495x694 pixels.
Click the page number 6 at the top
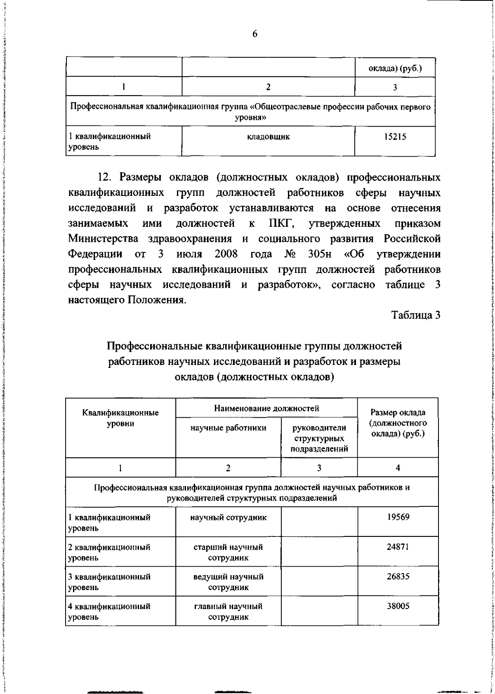[255, 35]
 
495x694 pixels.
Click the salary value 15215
[395, 137]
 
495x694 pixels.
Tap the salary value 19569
[398, 517]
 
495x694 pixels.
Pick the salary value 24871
[398, 547]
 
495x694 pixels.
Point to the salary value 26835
[398, 576]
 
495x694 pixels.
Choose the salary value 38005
[398, 607]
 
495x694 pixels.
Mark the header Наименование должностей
[266, 409]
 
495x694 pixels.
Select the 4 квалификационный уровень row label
[109, 612]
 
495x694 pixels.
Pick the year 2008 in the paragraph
[226, 254]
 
